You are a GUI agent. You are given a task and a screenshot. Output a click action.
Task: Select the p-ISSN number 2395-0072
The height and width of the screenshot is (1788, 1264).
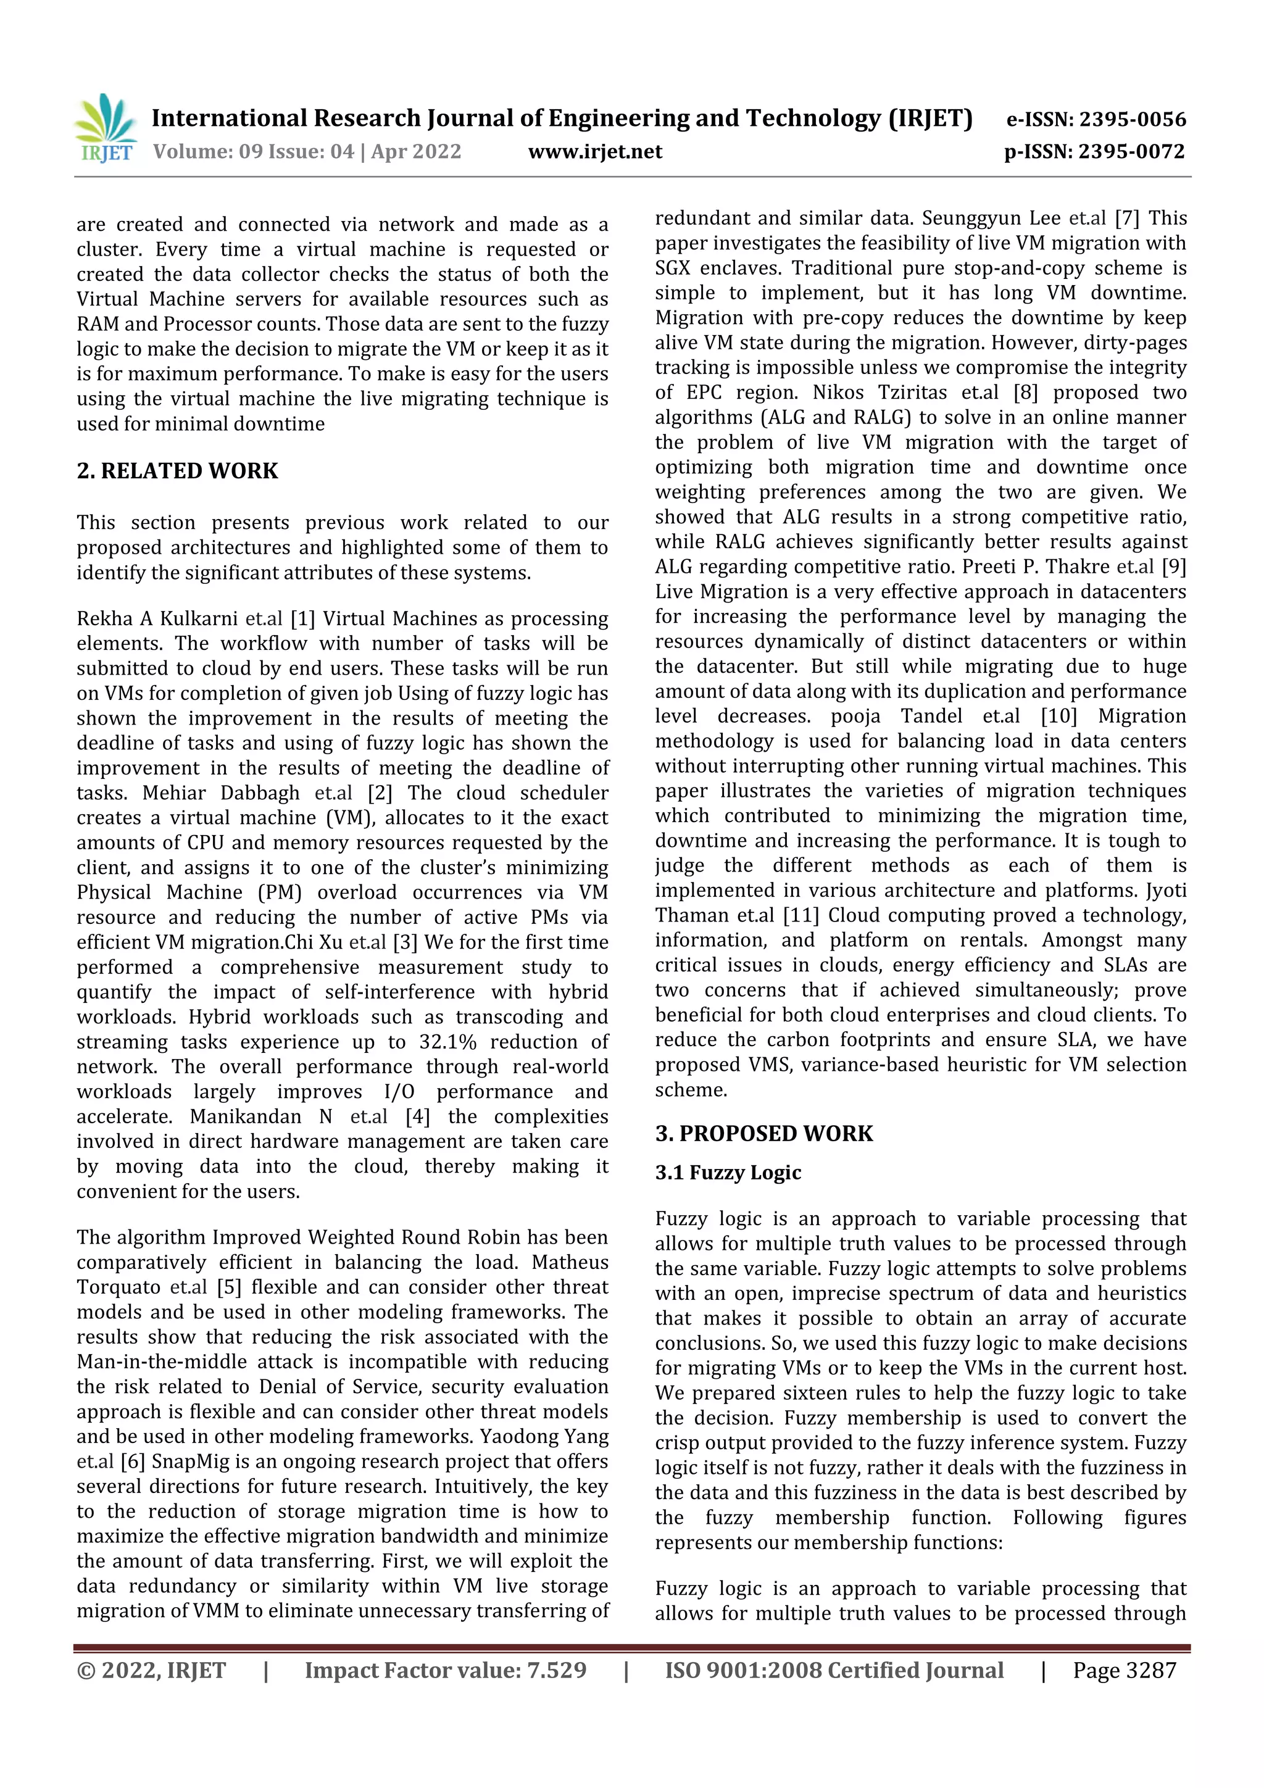coord(1131,152)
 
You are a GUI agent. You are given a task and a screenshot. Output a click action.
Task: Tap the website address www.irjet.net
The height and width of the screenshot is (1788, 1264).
coord(595,152)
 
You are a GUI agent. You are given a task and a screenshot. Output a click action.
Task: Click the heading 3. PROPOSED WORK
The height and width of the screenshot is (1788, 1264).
coord(763,1133)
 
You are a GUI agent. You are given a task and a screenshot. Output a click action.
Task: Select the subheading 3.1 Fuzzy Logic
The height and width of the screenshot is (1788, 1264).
coord(728,1172)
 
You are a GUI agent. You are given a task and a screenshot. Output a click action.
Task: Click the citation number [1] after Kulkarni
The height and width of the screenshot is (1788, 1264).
coord(302,619)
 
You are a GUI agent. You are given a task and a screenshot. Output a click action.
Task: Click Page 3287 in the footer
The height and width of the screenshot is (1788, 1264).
coord(1124,1670)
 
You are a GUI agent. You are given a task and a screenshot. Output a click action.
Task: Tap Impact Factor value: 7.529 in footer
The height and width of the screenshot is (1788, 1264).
coord(446,1670)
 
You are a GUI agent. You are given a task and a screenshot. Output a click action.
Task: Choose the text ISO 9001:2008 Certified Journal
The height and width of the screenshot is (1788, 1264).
coord(833,1670)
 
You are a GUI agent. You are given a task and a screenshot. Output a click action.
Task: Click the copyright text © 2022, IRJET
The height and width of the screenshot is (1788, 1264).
coord(151,1670)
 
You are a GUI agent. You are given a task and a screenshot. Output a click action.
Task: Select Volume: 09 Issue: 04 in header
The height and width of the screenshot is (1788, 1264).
coord(253,152)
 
